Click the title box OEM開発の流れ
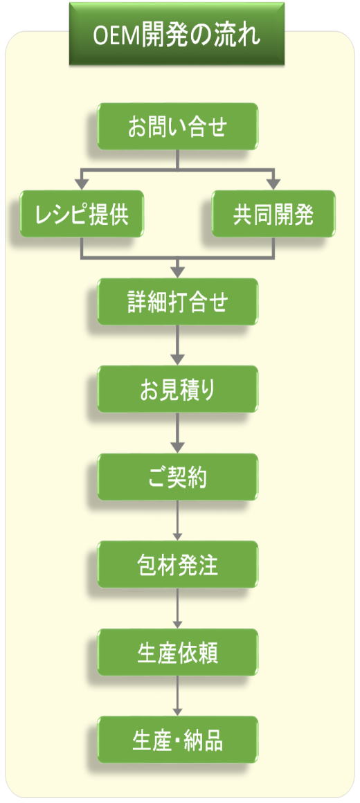tap(177, 34)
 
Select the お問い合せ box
tap(178, 127)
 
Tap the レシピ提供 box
tap(82, 214)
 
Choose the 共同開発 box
tap(273, 214)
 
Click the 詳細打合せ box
tap(178, 302)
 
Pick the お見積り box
tap(178, 389)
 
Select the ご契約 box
tap(178, 477)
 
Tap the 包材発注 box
tap(178, 564)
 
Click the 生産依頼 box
tap(178, 652)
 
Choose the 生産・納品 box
tap(178, 739)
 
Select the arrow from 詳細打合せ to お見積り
tap(178, 345)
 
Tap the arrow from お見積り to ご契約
tap(178, 433)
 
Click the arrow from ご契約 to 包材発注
tap(178, 521)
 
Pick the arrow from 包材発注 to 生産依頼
tap(178, 608)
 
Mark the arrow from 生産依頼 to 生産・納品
tap(178, 696)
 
